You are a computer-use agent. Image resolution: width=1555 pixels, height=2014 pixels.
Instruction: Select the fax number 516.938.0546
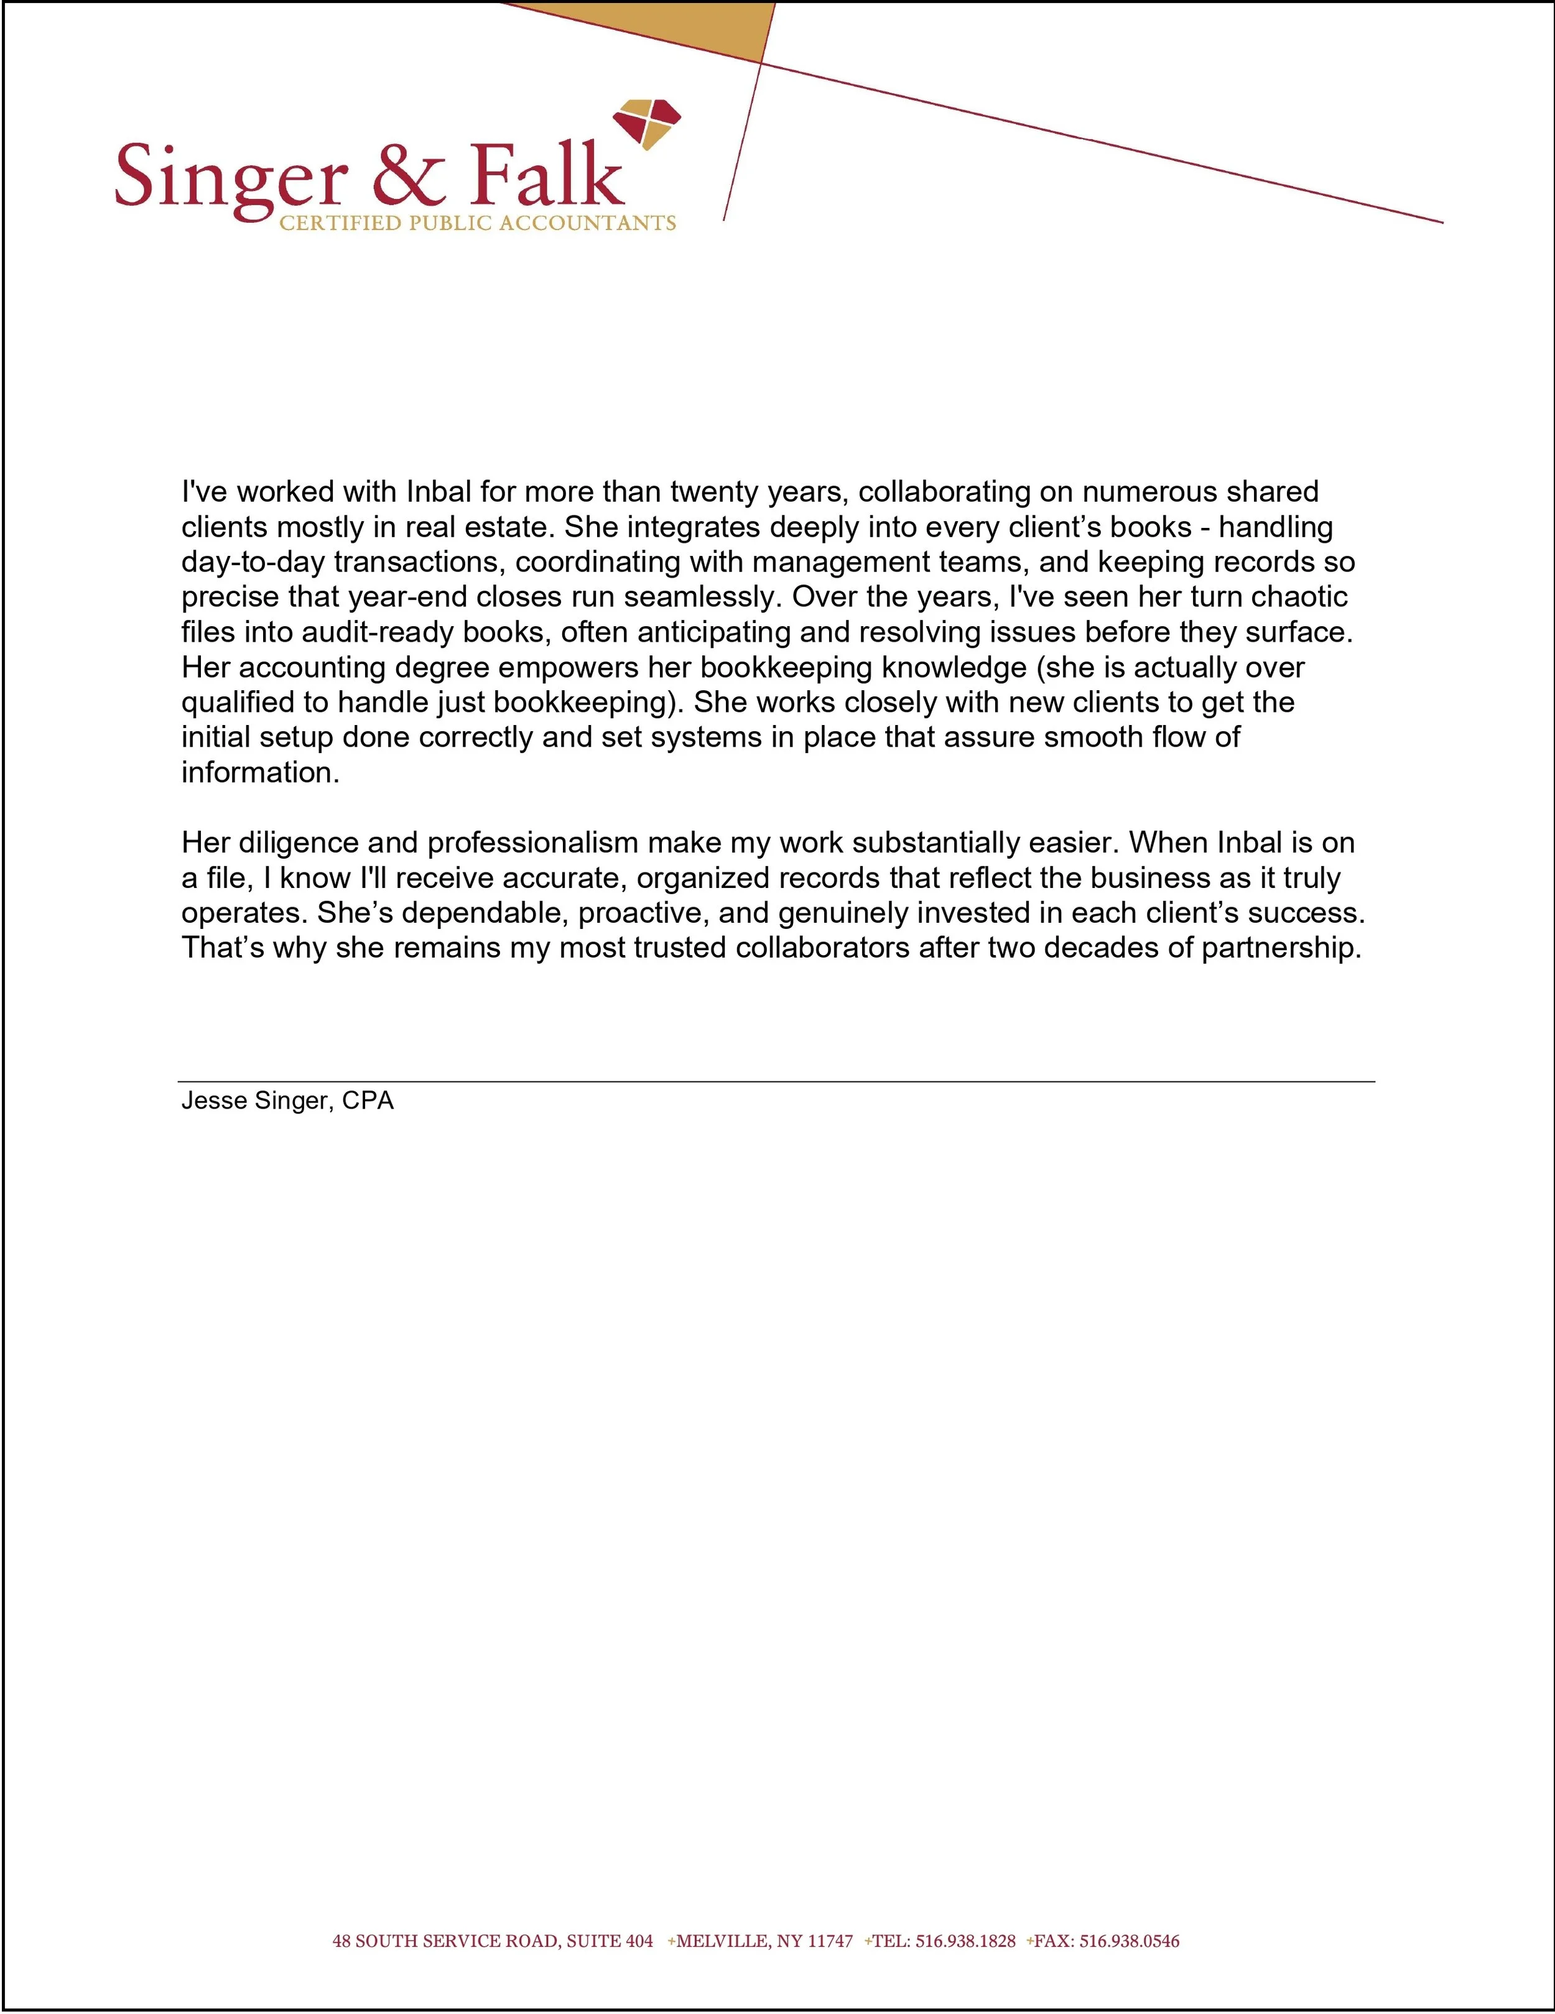(1129, 1941)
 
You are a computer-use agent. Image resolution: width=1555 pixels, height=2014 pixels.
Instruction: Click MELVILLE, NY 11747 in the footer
(764, 1941)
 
